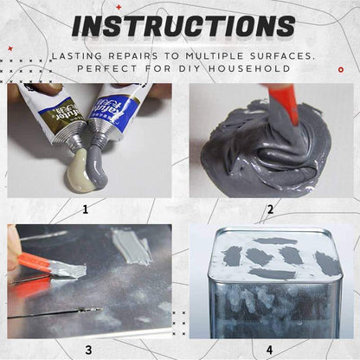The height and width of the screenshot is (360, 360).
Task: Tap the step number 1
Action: pyautogui.click(x=86, y=209)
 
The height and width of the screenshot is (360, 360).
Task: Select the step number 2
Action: pyautogui.click(x=270, y=209)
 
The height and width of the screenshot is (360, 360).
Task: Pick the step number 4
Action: pyautogui.click(x=270, y=349)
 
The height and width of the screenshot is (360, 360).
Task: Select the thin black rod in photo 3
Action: pyautogui.click(x=52, y=313)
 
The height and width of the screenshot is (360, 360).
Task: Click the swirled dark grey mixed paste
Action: pyautogui.click(x=260, y=151)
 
